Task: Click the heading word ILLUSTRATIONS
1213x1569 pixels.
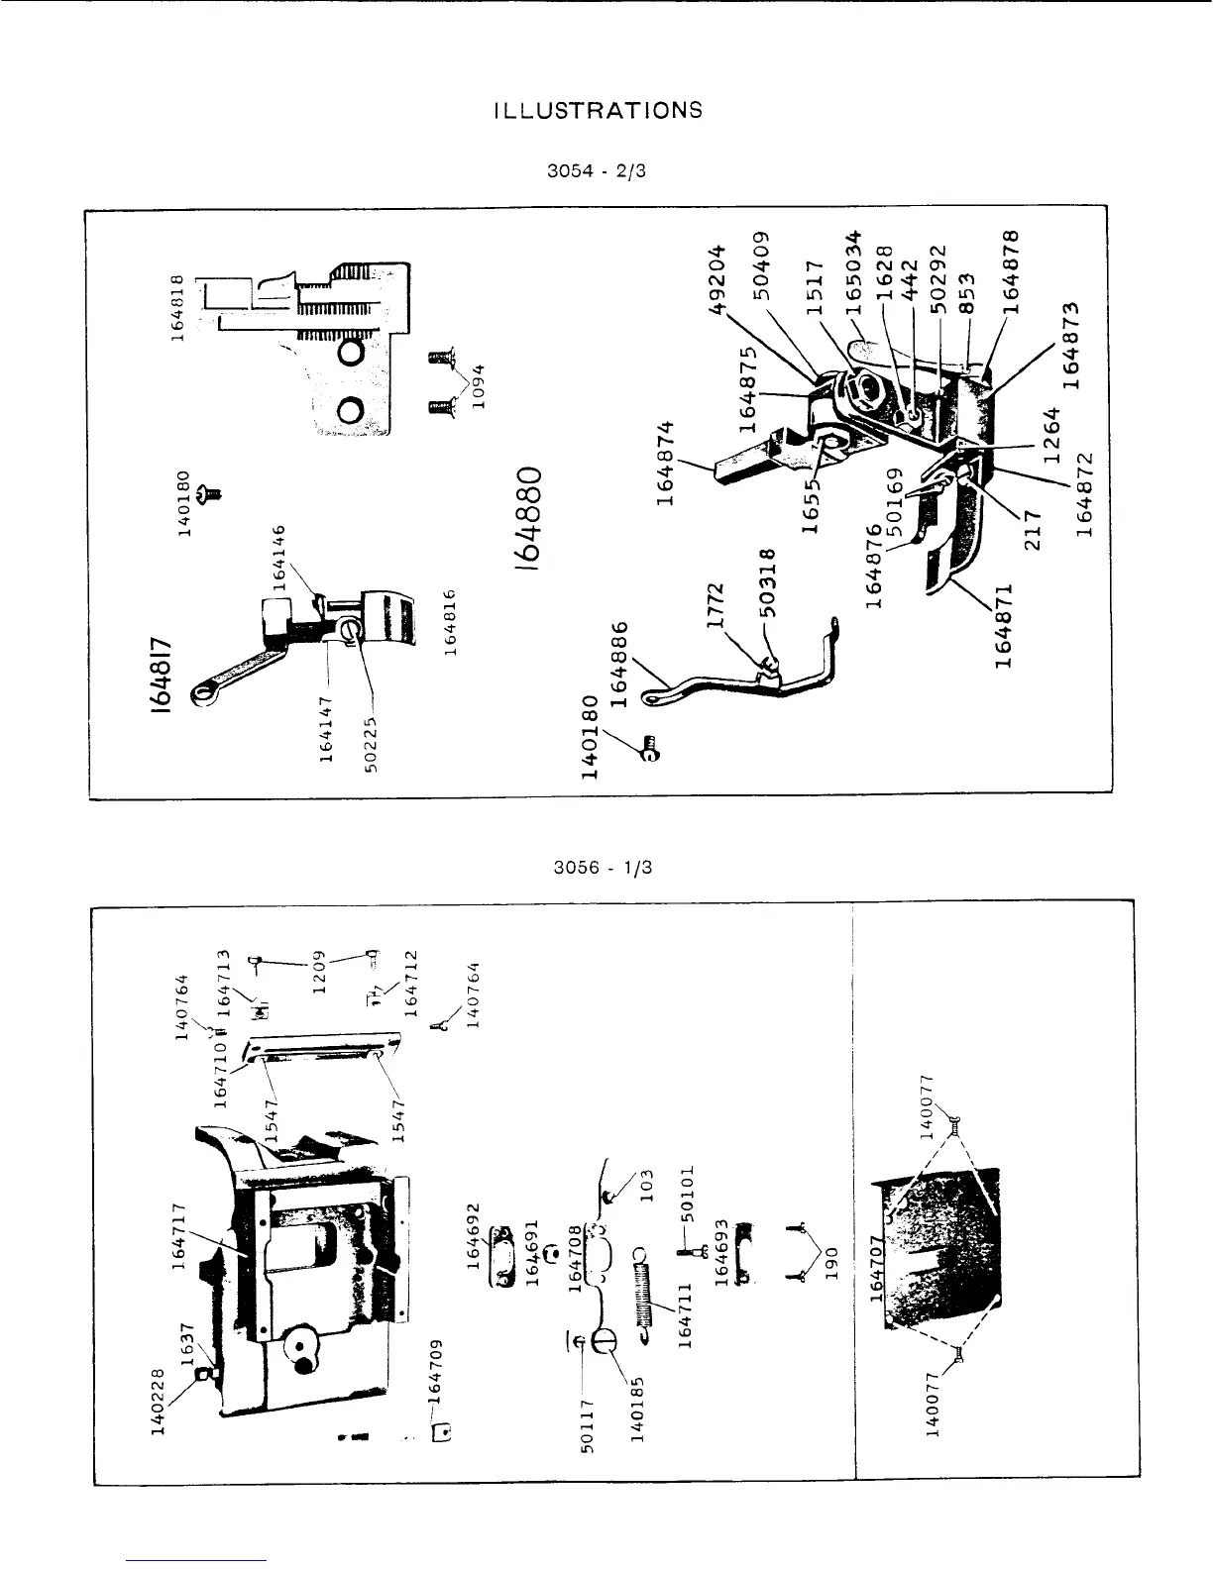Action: tap(598, 111)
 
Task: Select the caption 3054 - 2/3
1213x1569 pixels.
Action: tap(597, 170)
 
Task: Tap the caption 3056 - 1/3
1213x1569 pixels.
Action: tap(604, 869)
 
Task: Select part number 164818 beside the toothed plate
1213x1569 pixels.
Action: tap(178, 307)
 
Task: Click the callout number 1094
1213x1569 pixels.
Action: tap(480, 392)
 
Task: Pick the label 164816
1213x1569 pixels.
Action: tap(450, 621)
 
